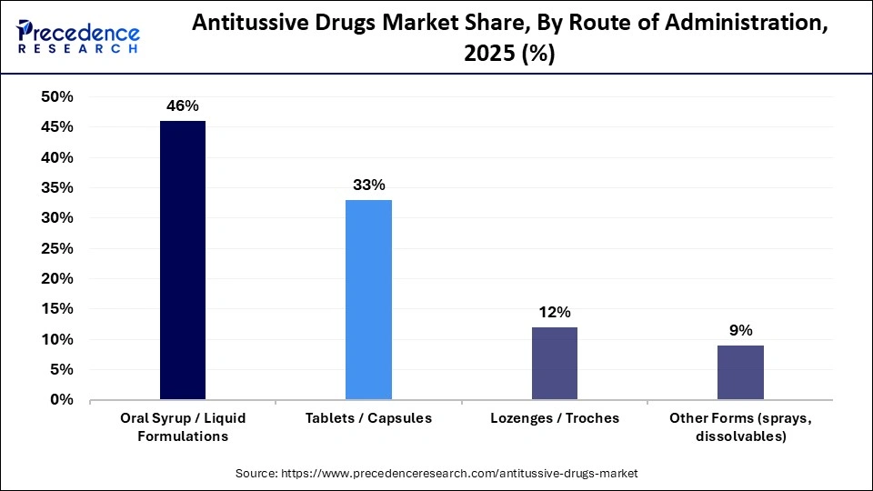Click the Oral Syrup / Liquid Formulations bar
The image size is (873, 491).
pos(183,260)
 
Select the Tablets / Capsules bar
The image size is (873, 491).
pos(368,299)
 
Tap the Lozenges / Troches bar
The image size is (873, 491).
pos(555,363)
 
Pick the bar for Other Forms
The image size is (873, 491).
pos(740,372)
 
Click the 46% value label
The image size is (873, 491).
pos(183,105)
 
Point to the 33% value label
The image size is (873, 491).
pos(368,185)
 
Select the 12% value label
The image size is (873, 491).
pos(555,312)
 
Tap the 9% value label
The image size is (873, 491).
pos(740,330)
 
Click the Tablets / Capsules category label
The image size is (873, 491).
pos(368,418)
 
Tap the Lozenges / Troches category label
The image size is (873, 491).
pos(555,418)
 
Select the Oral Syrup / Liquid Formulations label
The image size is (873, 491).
pos(183,426)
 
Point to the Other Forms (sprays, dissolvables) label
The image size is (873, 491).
pos(740,426)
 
